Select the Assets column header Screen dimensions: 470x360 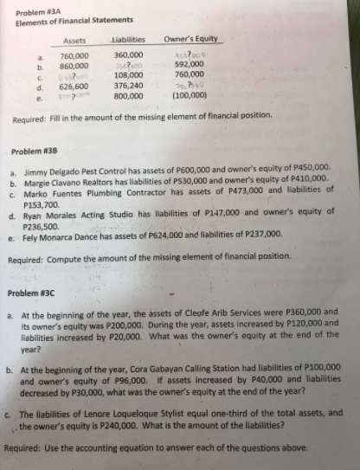coord(75,40)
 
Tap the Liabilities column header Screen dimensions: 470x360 coord(132,40)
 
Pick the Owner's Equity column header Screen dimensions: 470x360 coord(193,40)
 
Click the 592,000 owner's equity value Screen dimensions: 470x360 coord(189,64)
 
